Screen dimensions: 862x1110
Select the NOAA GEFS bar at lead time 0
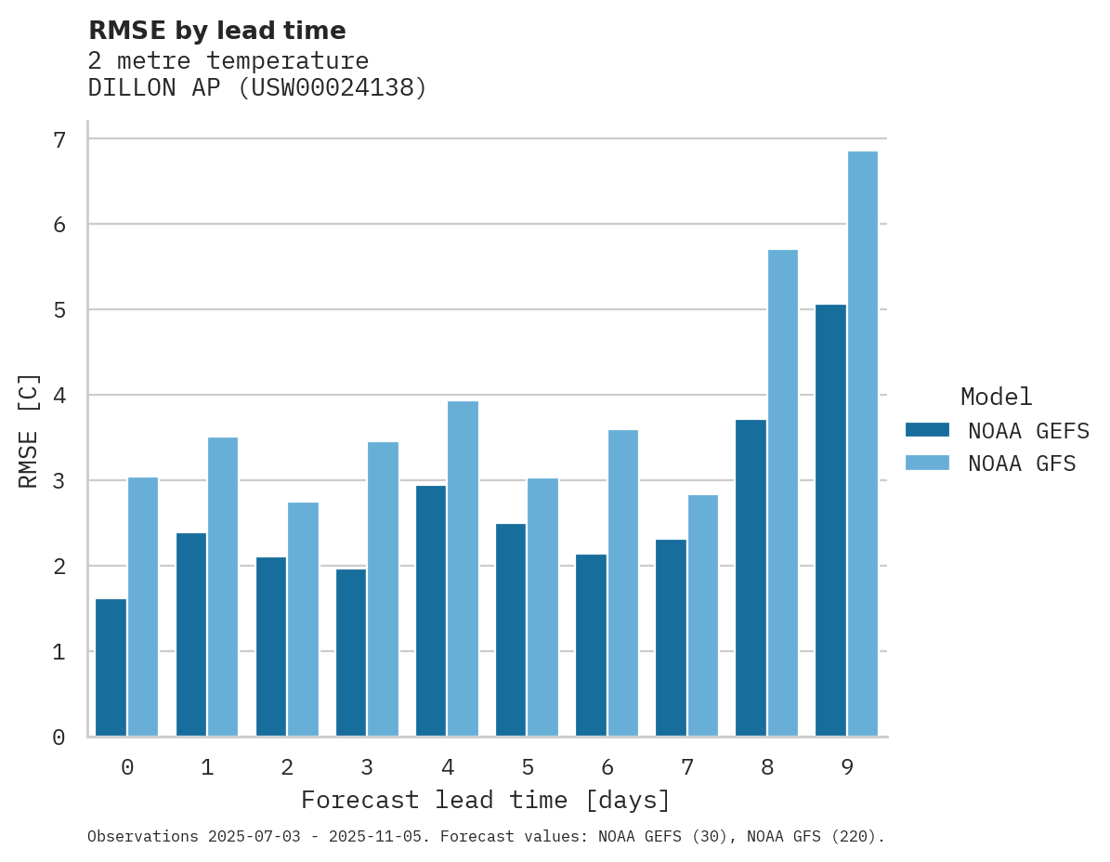[x=111, y=668]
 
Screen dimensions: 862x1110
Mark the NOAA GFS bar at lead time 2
[x=303, y=619]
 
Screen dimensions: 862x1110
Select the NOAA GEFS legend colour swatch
[x=926, y=430]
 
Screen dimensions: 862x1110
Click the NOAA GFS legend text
[x=1021, y=464]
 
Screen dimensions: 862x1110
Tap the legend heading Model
[x=996, y=397]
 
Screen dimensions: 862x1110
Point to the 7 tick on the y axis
[x=59, y=139]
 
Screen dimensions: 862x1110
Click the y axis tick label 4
[x=59, y=396]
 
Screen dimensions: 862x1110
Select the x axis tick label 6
[x=607, y=767]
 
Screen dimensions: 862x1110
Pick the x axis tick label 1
[x=207, y=767]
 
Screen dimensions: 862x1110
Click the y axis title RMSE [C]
[x=29, y=430]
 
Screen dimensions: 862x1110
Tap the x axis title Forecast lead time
[x=485, y=800]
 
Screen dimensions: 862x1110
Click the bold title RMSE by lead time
[x=216, y=31]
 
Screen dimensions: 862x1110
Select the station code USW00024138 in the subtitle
[x=333, y=88]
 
